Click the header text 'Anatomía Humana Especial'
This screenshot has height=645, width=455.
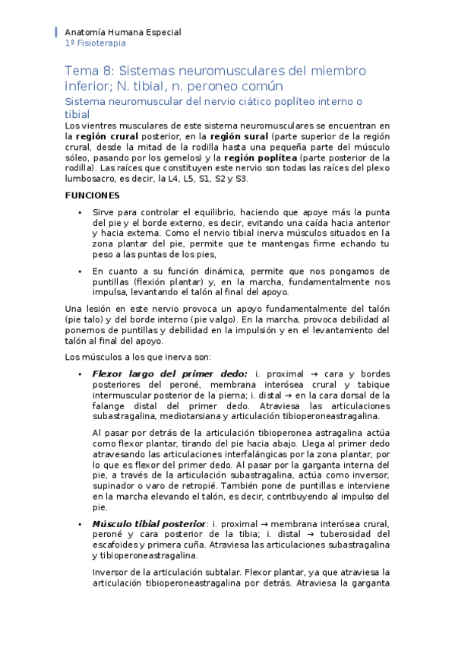coord(123,33)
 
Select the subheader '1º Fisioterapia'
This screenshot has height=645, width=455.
coord(96,44)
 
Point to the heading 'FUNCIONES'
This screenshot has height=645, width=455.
coord(92,195)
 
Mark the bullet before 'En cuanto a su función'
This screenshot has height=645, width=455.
coord(79,271)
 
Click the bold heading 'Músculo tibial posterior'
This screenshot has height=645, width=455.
coord(148,524)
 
